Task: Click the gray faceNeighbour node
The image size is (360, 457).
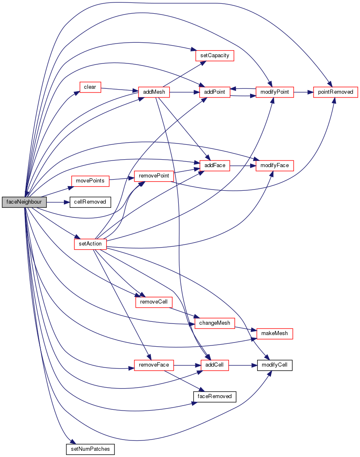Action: pos(24,202)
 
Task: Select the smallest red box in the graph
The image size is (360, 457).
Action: pos(90,87)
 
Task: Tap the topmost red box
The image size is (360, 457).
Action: pos(215,56)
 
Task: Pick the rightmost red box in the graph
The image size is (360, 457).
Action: pos(336,92)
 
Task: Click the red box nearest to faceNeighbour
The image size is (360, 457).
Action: pos(90,181)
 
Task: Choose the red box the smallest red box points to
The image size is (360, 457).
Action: pos(154,92)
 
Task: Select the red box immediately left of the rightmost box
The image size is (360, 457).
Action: pos(275,92)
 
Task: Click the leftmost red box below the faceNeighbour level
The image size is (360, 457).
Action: pos(90,244)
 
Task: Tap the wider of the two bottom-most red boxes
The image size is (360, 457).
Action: pos(154,365)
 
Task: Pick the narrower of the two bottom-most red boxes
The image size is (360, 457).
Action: pos(215,365)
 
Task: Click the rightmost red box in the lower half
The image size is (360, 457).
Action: pos(275,334)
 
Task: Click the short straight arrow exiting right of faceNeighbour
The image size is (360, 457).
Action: pos(58,202)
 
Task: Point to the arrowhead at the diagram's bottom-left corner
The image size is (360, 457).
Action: pos(73,442)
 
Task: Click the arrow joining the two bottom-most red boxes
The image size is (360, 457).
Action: pos(187,365)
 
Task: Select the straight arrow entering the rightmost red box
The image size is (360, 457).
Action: pos(303,92)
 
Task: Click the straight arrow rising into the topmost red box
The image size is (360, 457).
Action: pos(182,75)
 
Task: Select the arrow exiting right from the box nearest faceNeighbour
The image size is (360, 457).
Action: pos(121,179)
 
